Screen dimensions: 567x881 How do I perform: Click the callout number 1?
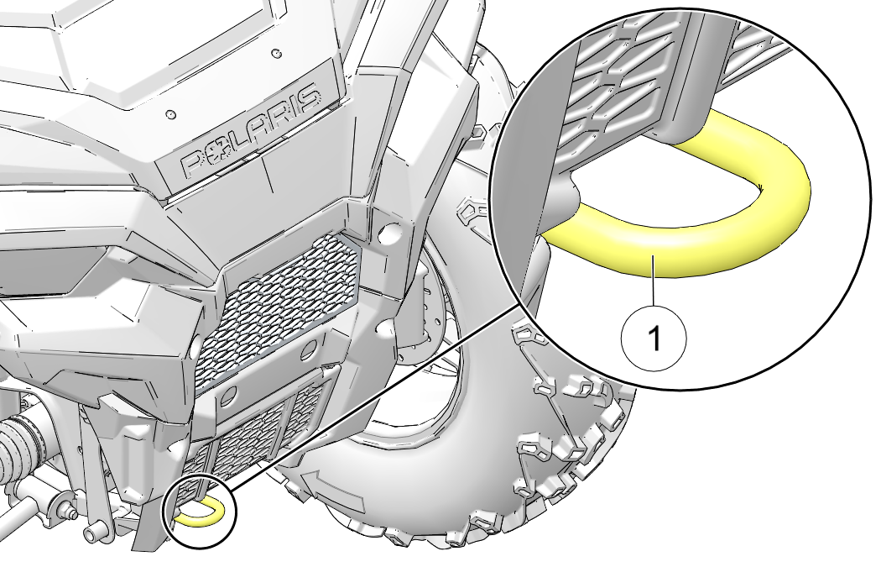point(654,339)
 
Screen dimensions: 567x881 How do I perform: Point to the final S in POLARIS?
point(308,100)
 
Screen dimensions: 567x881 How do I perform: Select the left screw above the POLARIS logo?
point(171,113)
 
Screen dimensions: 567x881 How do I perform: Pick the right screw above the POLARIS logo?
point(275,54)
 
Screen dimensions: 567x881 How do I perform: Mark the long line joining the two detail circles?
point(369,403)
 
